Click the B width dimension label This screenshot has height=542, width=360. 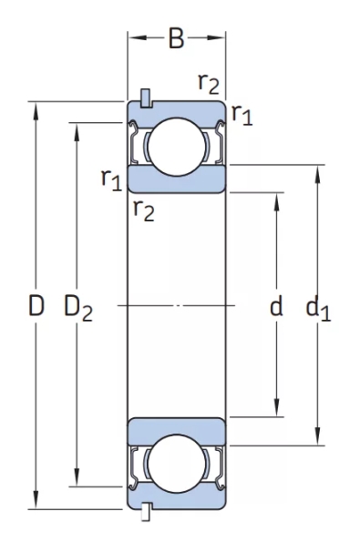point(176,38)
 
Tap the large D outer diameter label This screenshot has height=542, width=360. point(36,305)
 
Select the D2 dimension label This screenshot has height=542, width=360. point(78,308)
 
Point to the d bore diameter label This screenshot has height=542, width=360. point(276,305)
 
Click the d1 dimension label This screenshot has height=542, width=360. point(318,310)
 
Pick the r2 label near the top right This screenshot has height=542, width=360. point(209,84)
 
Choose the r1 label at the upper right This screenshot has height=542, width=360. point(242,115)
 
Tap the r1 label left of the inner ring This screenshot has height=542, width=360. point(112,179)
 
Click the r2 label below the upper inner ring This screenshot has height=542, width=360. point(143,210)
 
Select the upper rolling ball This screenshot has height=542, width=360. point(177,147)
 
